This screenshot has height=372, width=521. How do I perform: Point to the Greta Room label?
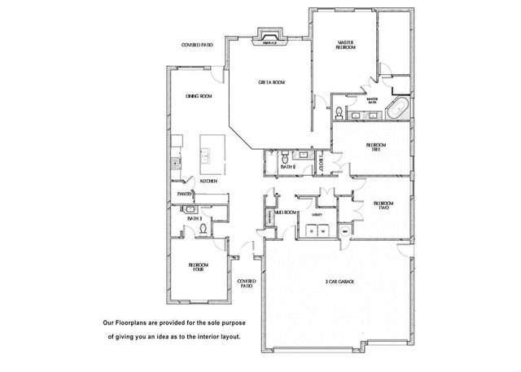[271, 82]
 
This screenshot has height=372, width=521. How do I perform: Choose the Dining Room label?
[199, 97]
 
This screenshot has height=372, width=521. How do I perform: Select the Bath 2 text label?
[287, 168]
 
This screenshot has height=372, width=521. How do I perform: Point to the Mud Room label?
[284, 212]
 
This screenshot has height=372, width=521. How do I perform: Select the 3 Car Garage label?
[339, 282]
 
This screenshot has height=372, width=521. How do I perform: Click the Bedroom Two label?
[383, 205]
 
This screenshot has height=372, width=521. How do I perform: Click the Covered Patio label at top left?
[197, 46]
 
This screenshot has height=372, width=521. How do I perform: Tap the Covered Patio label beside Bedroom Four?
[246, 284]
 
